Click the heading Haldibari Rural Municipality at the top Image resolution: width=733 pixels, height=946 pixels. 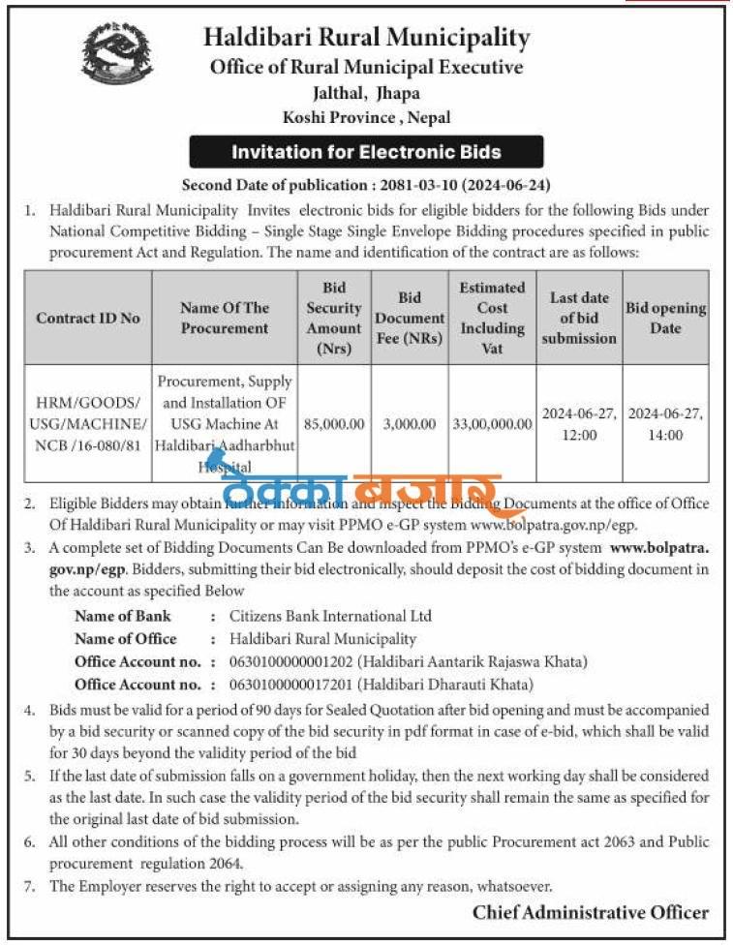coord(366,39)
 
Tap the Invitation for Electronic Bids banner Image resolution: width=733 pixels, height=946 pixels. coord(366,152)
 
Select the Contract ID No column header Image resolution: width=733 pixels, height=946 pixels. coord(88,318)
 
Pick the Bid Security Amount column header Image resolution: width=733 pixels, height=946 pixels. coord(333,318)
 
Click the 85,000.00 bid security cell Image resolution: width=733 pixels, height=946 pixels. coord(333,424)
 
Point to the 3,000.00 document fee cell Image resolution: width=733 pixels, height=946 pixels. coord(408,424)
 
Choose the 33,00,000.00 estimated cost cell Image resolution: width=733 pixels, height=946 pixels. coord(493,424)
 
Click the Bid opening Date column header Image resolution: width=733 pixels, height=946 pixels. coord(665,318)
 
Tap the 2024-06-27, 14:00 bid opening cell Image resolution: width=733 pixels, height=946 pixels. coord(665,424)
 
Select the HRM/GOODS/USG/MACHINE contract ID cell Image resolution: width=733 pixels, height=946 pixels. coord(88,424)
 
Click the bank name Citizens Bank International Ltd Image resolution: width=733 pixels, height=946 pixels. coord(330,616)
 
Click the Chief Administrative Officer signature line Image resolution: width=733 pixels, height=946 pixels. coord(591,912)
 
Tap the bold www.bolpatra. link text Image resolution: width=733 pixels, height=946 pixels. coord(659,548)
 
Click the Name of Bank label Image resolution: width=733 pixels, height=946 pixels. coord(122,616)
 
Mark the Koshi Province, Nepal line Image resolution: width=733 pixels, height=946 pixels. coord(366,118)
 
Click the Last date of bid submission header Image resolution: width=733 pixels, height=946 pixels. coord(579,318)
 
